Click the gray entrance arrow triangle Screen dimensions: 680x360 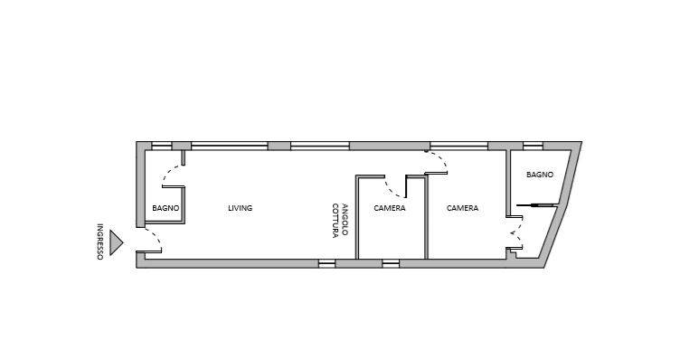click(116, 242)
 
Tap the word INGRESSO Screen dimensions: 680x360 click(99, 242)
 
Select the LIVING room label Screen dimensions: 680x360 click(241, 208)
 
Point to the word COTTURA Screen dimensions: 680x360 click(335, 221)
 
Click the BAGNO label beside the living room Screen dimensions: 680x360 click(165, 208)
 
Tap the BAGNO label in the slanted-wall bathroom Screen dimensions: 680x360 click(540, 175)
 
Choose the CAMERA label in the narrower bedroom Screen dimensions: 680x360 click(390, 208)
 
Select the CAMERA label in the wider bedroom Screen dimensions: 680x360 click(462, 208)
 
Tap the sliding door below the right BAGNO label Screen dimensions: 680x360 click(537, 204)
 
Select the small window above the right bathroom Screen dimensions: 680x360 click(533, 147)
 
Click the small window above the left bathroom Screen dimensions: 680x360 click(162, 147)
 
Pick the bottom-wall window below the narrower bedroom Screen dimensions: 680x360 click(391, 263)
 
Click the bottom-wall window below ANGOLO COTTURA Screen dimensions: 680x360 click(327, 263)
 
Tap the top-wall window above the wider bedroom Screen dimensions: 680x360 click(458, 147)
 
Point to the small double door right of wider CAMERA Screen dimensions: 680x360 click(516, 233)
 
